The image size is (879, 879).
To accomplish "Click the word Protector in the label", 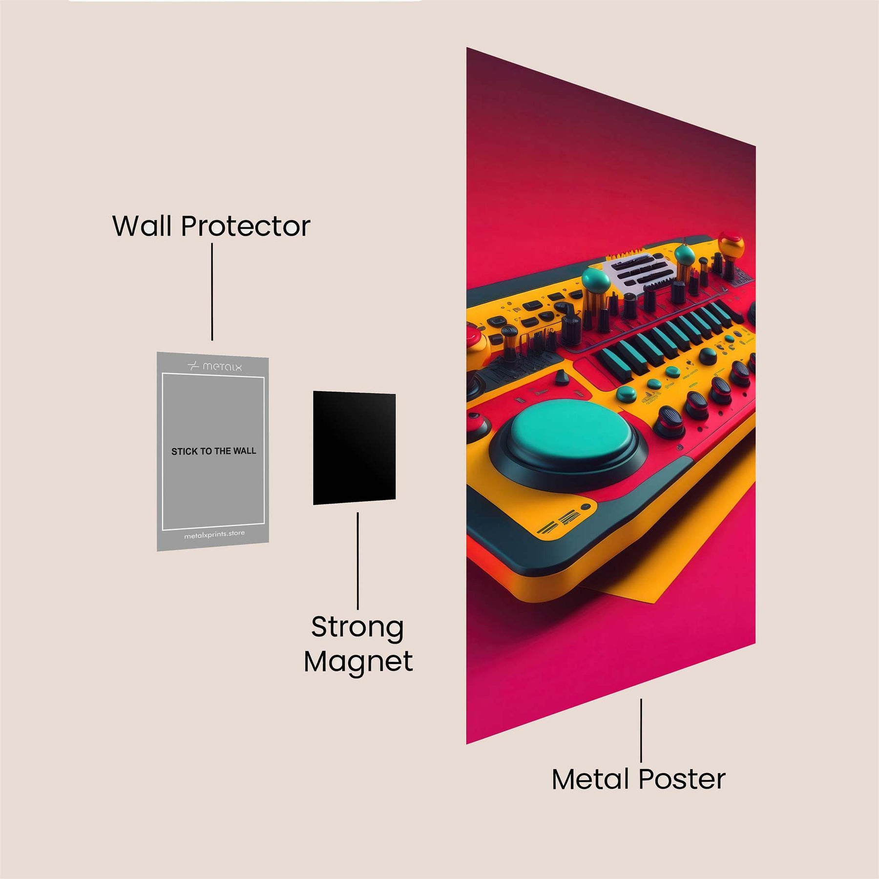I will pos(246,227).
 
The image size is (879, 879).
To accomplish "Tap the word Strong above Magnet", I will pos(357,628).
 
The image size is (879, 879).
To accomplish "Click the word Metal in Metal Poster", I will pos(590,779).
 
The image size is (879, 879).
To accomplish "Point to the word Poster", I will pos(682,779).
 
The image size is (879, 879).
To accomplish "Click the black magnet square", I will pos(354,448).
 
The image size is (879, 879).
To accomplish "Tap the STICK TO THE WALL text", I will pos(213,451).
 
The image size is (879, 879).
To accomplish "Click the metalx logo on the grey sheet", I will pos(215,366).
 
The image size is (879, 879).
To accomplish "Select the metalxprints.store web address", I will pos(214,535).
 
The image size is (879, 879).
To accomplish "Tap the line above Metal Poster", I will pos(641,730).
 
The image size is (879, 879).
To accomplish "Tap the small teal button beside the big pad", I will pos(626,393).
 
